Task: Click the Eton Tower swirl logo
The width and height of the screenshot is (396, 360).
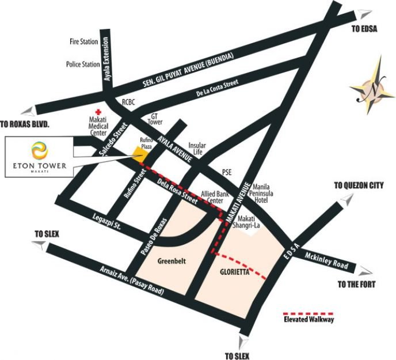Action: point(40,150)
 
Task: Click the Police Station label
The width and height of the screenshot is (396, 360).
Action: point(83,65)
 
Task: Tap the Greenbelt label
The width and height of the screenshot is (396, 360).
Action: point(171,259)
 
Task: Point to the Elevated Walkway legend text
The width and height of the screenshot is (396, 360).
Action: point(310,319)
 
